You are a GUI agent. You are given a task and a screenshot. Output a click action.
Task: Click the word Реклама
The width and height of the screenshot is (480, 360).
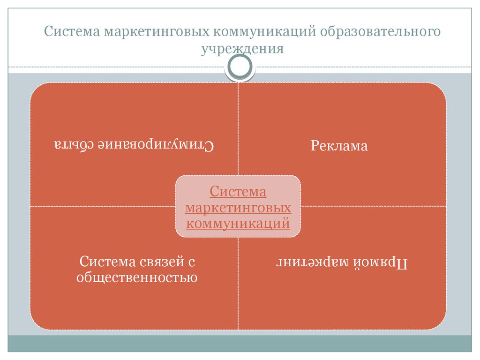339,146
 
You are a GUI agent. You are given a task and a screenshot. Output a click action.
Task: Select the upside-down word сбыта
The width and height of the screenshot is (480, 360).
74,144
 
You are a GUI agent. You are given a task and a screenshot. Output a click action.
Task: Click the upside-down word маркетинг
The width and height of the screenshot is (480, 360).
313,262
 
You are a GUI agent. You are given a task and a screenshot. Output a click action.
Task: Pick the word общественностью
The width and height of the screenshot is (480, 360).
137,277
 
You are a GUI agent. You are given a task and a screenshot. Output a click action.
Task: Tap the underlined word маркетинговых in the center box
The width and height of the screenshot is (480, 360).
238,208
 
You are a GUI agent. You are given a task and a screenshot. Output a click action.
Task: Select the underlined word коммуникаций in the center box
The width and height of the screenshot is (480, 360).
238,224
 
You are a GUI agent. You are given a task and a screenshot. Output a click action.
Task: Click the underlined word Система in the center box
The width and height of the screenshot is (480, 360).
238,192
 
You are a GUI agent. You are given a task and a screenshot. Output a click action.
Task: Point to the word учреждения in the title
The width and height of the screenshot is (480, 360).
242,49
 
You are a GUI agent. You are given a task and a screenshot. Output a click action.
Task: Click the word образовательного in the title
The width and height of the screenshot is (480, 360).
380,31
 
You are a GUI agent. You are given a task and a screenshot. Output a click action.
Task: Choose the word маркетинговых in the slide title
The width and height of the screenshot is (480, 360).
157,31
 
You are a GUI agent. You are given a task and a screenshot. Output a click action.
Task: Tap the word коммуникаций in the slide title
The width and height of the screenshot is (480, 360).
264,32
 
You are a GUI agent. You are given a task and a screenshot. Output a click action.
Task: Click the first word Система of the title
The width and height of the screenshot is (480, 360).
72,31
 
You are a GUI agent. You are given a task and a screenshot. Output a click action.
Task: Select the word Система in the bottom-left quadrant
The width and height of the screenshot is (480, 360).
108,262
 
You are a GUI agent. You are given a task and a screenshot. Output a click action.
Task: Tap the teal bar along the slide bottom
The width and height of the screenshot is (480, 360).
240,344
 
